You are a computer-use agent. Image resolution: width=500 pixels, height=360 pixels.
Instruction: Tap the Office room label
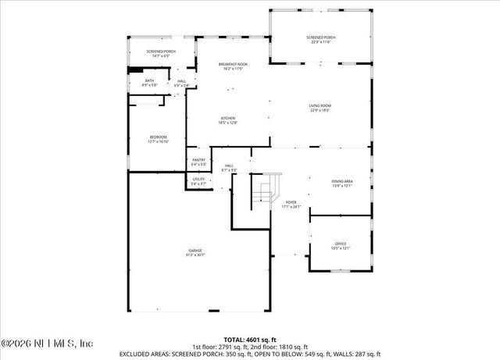341,244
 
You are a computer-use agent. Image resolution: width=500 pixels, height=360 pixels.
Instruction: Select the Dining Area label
342,181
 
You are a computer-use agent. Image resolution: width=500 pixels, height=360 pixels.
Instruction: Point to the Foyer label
291,201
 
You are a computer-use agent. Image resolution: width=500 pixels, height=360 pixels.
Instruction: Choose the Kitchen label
227,118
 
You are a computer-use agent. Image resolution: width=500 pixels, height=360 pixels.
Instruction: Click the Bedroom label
158,137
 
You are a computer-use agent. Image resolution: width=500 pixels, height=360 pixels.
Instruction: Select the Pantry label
198,160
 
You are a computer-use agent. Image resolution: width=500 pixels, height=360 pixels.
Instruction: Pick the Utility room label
198,180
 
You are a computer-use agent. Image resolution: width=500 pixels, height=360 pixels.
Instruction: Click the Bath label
149,80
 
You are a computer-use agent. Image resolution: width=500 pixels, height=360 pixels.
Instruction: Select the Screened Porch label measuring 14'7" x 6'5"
161,52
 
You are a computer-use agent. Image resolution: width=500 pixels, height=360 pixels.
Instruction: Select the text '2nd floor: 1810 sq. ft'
278,346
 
